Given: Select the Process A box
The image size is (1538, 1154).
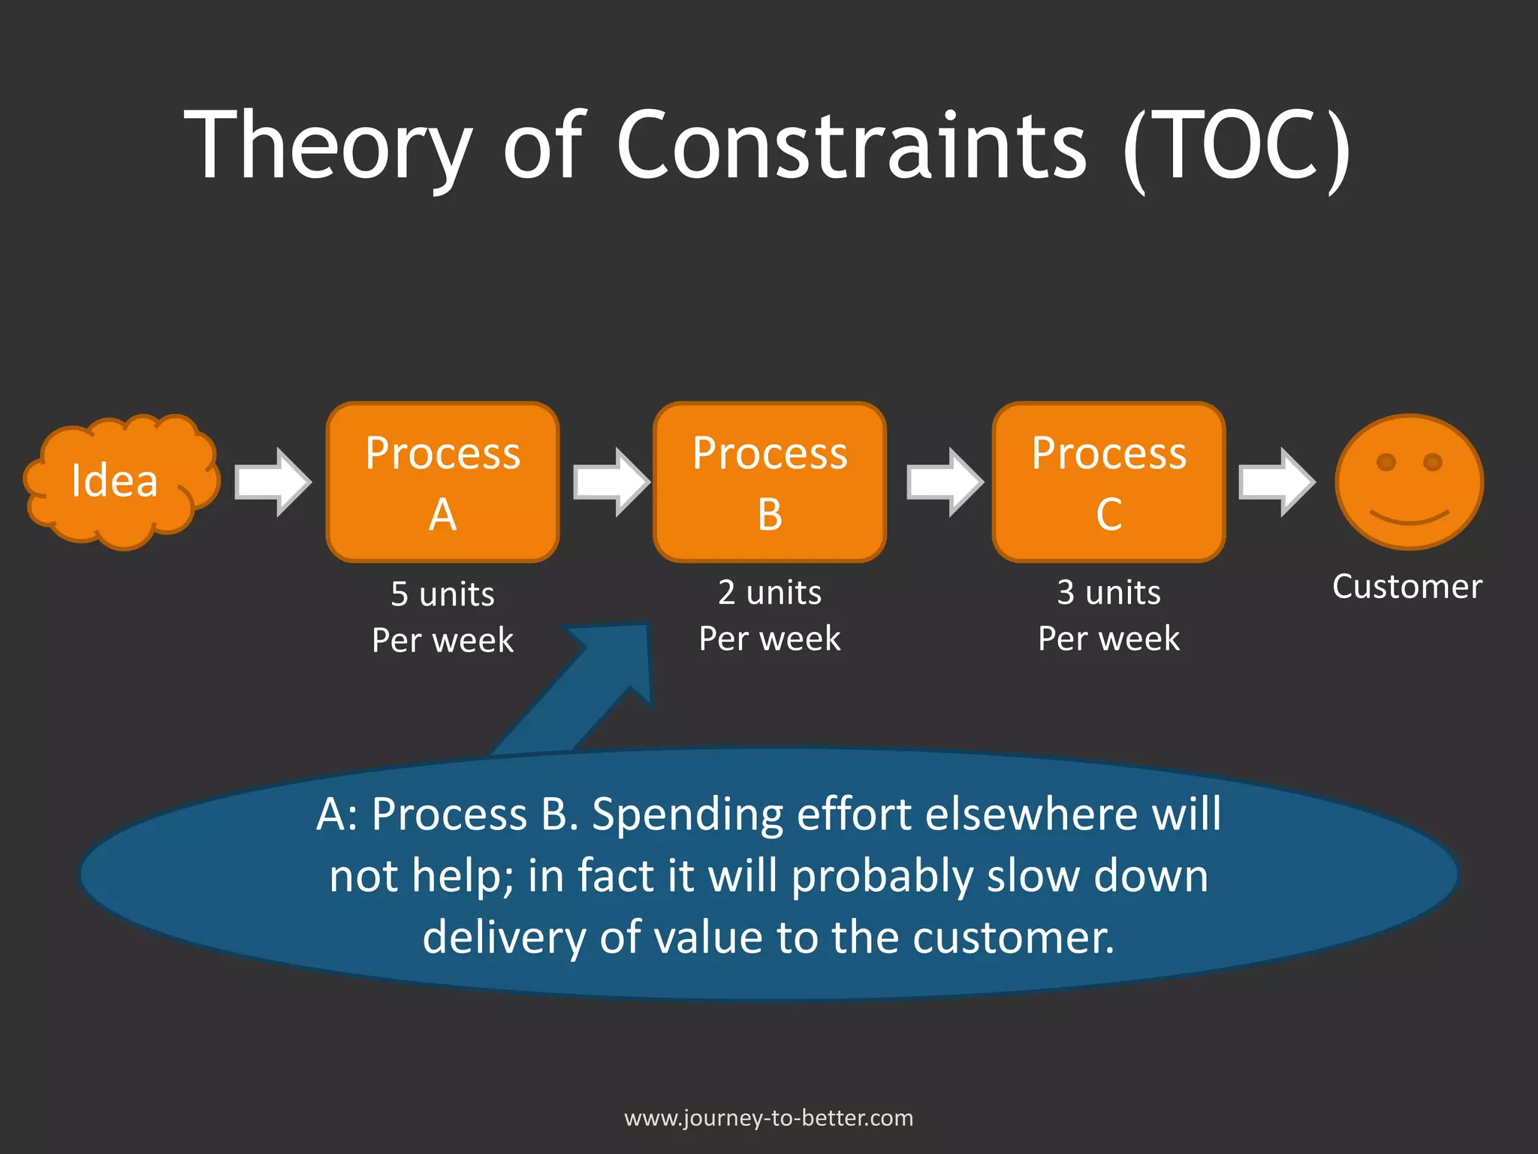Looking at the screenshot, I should pyautogui.click(x=442, y=482).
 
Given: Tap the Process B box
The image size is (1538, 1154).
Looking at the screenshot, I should pyautogui.click(x=770, y=482).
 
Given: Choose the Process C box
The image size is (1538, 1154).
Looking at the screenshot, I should pyautogui.click(x=1108, y=482).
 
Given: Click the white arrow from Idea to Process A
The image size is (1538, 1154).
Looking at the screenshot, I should pyautogui.click(x=272, y=482).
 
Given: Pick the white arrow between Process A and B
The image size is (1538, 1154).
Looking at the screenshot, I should pyautogui.click(x=611, y=482).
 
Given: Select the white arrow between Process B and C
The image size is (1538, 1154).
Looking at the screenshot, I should pyautogui.click(x=945, y=482).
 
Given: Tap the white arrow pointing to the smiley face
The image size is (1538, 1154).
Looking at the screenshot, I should pyautogui.click(x=1276, y=482).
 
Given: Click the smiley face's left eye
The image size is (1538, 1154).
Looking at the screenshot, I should pyautogui.click(x=1386, y=462).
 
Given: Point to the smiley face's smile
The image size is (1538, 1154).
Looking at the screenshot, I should pyautogui.click(x=1409, y=518).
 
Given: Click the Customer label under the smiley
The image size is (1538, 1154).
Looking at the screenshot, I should pyautogui.click(x=1407, y=587).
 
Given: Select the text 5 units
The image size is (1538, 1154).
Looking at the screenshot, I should pyautogui.click(x=442, y=594).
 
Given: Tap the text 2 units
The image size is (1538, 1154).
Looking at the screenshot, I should pyautogui.click(x=770, y=593).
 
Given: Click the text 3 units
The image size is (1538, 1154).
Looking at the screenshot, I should pyautogui.click(x=1108, y=593).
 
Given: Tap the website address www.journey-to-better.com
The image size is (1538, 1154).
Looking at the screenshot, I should pyautogui.click(x=769, y=1118).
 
